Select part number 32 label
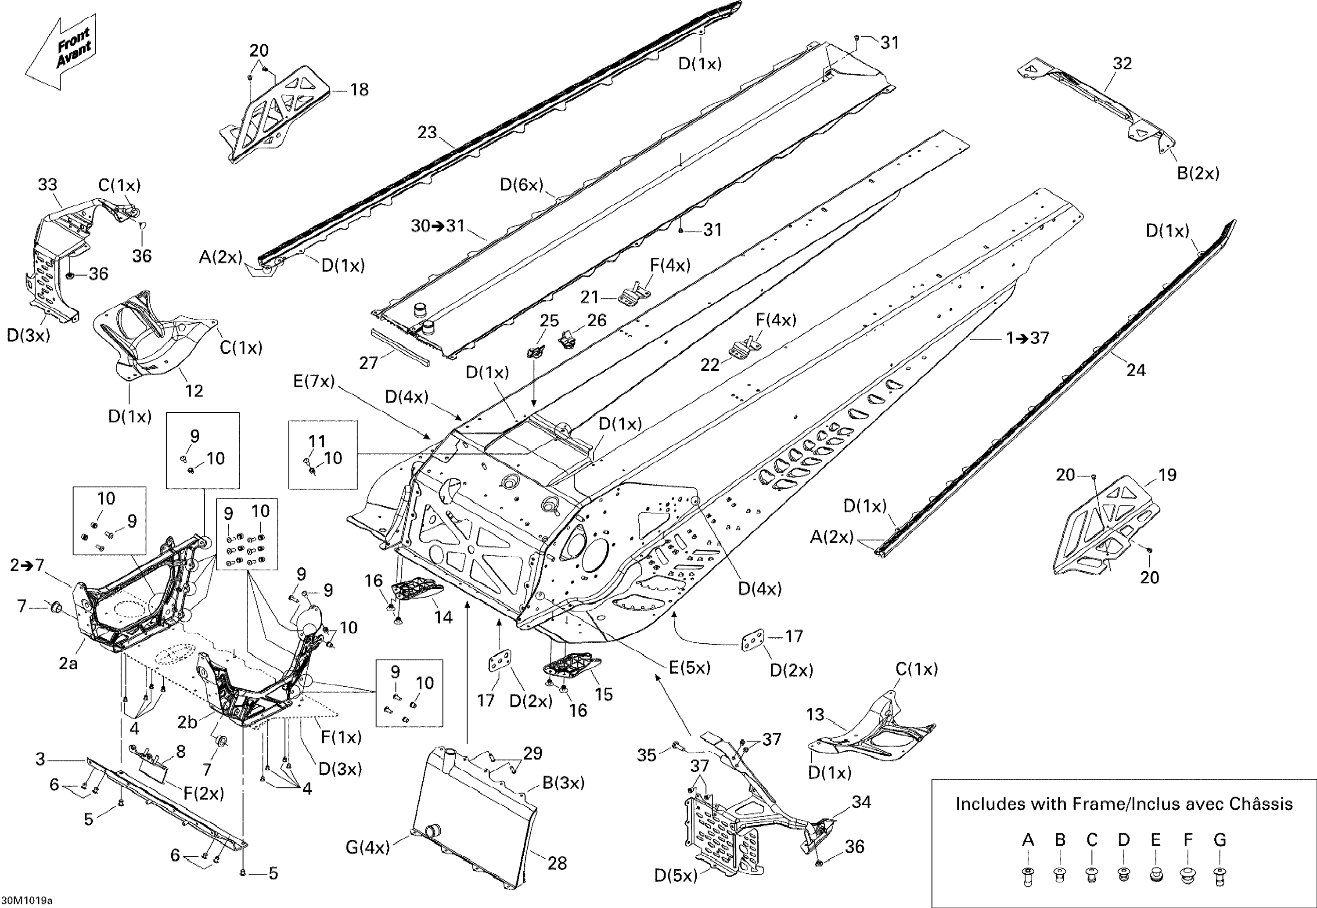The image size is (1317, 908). pyautogui.click(x=1122, y=64)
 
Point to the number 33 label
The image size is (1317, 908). pyautogui.click(x=48, y=185)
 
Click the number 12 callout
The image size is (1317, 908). pyautogui.click(x=194, y=391)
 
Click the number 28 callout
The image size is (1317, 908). pyautogui.click(x=557, y=863)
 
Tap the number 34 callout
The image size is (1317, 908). pyautogui.click(x=861, y=802)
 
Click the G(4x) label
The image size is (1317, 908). pyautogui.click(x=367, y=847)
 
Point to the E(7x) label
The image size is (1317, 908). pyautogui.click(x=314, y=381)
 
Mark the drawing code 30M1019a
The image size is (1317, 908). pyautogui.click(x=27, y=901)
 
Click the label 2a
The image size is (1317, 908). pyautogui.click(x=68, y=663)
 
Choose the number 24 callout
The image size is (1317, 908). pyautogui.click(x=1136, y=371)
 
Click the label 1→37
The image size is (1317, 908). pyautogui.click(x=1028, y=339)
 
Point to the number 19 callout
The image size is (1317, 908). pyautogui.click(x=1167, y=475)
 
